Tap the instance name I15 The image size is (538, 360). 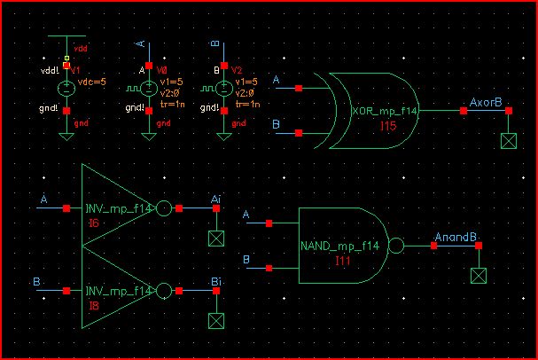pyautogui.click(x=388, y=127)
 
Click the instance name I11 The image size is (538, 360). pyautogui.click(x=344, y=261)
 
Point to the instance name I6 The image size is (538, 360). pyautogui.click(x=94, y=224)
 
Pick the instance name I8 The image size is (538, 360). pyautogui.click(x=94, y=306)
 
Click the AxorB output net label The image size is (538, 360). pyautogui.click(x=486, y=103)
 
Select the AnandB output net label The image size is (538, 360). pyautogui.click(x=456, y=237)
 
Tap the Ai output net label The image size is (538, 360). pyautogui.click(x=215, y=200)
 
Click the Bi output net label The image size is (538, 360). pyautogui.click(x=215, y=281)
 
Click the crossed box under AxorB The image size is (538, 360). pyautogui.click(x=508, y=142)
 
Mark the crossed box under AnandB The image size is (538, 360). pyautogui.click(x=480, y=275)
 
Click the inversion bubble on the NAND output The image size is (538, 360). pyautogui.click(x=396, y=246)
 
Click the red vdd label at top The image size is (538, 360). pyautogui.click(x=81, y=47)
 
